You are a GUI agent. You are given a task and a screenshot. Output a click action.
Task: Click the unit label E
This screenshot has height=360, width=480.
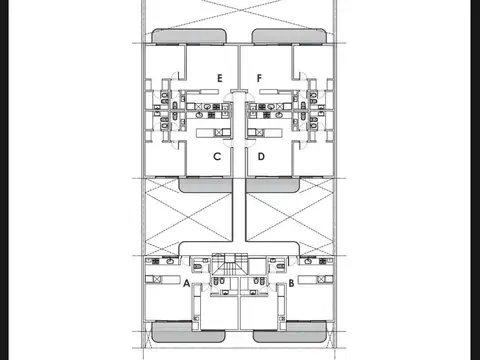[219, 78]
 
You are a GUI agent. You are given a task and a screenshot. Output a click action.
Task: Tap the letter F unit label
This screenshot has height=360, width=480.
[259, 78]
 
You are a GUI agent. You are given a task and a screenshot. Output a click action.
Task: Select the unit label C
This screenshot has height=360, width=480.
[217, 156]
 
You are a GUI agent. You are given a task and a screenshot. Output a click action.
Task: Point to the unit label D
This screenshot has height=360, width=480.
[261, 156]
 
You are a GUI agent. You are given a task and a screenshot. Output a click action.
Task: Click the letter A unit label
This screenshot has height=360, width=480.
[187, 283]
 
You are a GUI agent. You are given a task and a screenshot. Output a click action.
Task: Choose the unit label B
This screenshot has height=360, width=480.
[291, 283]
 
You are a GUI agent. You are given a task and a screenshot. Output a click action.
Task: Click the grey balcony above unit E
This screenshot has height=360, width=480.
[189, 36]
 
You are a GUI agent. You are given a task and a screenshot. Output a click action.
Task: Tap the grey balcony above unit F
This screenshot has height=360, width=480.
[289, 36]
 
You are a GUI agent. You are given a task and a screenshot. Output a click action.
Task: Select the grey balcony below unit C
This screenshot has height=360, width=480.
[205, 185]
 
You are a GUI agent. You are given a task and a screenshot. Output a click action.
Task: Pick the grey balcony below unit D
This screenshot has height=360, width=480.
[273, 185]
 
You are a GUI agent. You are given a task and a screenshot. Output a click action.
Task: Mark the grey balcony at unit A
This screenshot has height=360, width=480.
[188, 332]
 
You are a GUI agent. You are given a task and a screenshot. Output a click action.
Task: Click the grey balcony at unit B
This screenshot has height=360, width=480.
[290, 332]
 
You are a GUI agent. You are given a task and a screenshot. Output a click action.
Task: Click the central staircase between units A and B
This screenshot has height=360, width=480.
[230, 265]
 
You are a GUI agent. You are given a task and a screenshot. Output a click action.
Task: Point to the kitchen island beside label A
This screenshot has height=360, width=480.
[163, 279]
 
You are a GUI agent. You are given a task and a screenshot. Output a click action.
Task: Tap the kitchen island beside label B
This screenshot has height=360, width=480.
[315, 279]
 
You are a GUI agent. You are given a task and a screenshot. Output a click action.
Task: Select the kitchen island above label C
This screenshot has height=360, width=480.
[213, 133]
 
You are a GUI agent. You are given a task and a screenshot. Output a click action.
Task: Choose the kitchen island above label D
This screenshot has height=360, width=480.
[265, 133]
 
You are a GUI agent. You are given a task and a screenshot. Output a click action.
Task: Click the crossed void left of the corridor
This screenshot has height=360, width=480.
[189, 217]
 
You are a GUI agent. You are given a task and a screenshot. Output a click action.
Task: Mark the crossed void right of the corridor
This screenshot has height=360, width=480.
[289, 217]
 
